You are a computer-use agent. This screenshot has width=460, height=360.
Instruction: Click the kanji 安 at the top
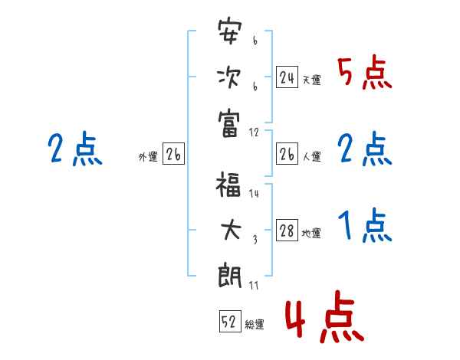coord(231,34)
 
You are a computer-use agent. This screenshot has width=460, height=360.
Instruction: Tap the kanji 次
coord(231,77)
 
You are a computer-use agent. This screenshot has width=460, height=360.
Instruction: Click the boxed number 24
coord(287,77)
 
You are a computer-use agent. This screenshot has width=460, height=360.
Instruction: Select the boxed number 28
coord(287,231)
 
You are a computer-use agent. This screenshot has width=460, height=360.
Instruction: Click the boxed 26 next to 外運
coord(173,155)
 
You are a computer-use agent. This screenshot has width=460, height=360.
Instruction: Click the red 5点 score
coord(364,74)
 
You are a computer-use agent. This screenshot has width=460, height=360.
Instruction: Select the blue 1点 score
coord(364,227)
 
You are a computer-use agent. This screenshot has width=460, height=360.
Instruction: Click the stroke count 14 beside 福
coord(254,195)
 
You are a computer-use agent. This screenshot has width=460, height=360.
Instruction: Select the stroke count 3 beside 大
coord(254,240)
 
